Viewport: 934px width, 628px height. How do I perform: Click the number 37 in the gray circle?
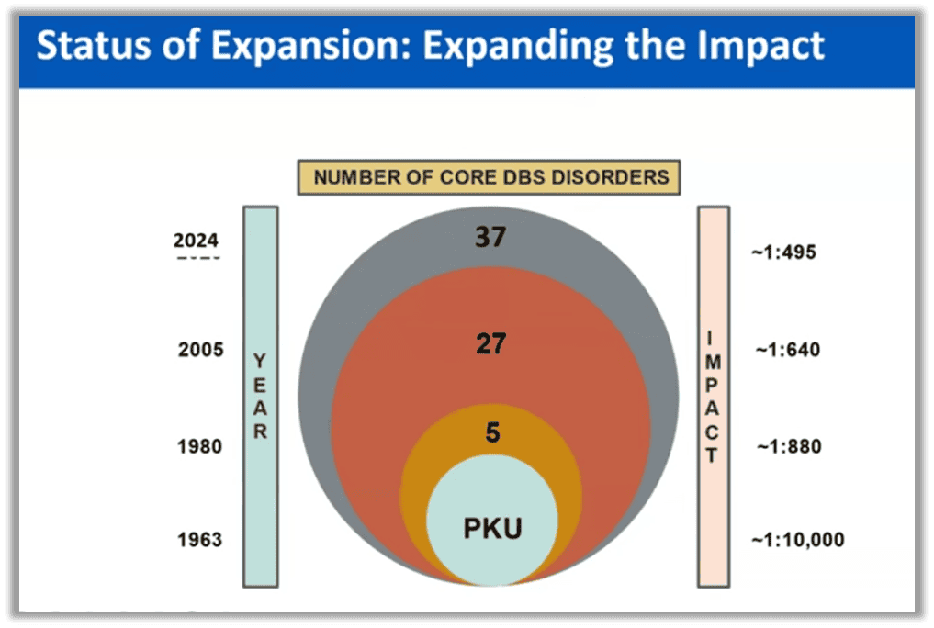491,238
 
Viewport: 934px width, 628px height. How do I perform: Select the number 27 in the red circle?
491,344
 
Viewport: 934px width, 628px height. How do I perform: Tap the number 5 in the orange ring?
492,432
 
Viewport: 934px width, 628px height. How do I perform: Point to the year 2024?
197,241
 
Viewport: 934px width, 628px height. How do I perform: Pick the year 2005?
199,350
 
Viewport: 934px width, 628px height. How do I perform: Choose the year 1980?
199,447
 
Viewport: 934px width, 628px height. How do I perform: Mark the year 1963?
199,539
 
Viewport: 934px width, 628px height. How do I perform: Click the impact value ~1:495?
783,252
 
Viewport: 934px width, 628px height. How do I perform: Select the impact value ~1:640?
787,350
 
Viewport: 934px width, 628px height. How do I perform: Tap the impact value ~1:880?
788,447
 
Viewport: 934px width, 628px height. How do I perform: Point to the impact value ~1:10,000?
798,539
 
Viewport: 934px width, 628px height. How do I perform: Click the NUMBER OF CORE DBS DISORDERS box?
488,177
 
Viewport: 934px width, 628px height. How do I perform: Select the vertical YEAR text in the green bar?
260,397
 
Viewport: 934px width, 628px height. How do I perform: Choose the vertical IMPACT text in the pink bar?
713,397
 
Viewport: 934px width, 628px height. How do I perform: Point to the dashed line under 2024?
197,258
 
